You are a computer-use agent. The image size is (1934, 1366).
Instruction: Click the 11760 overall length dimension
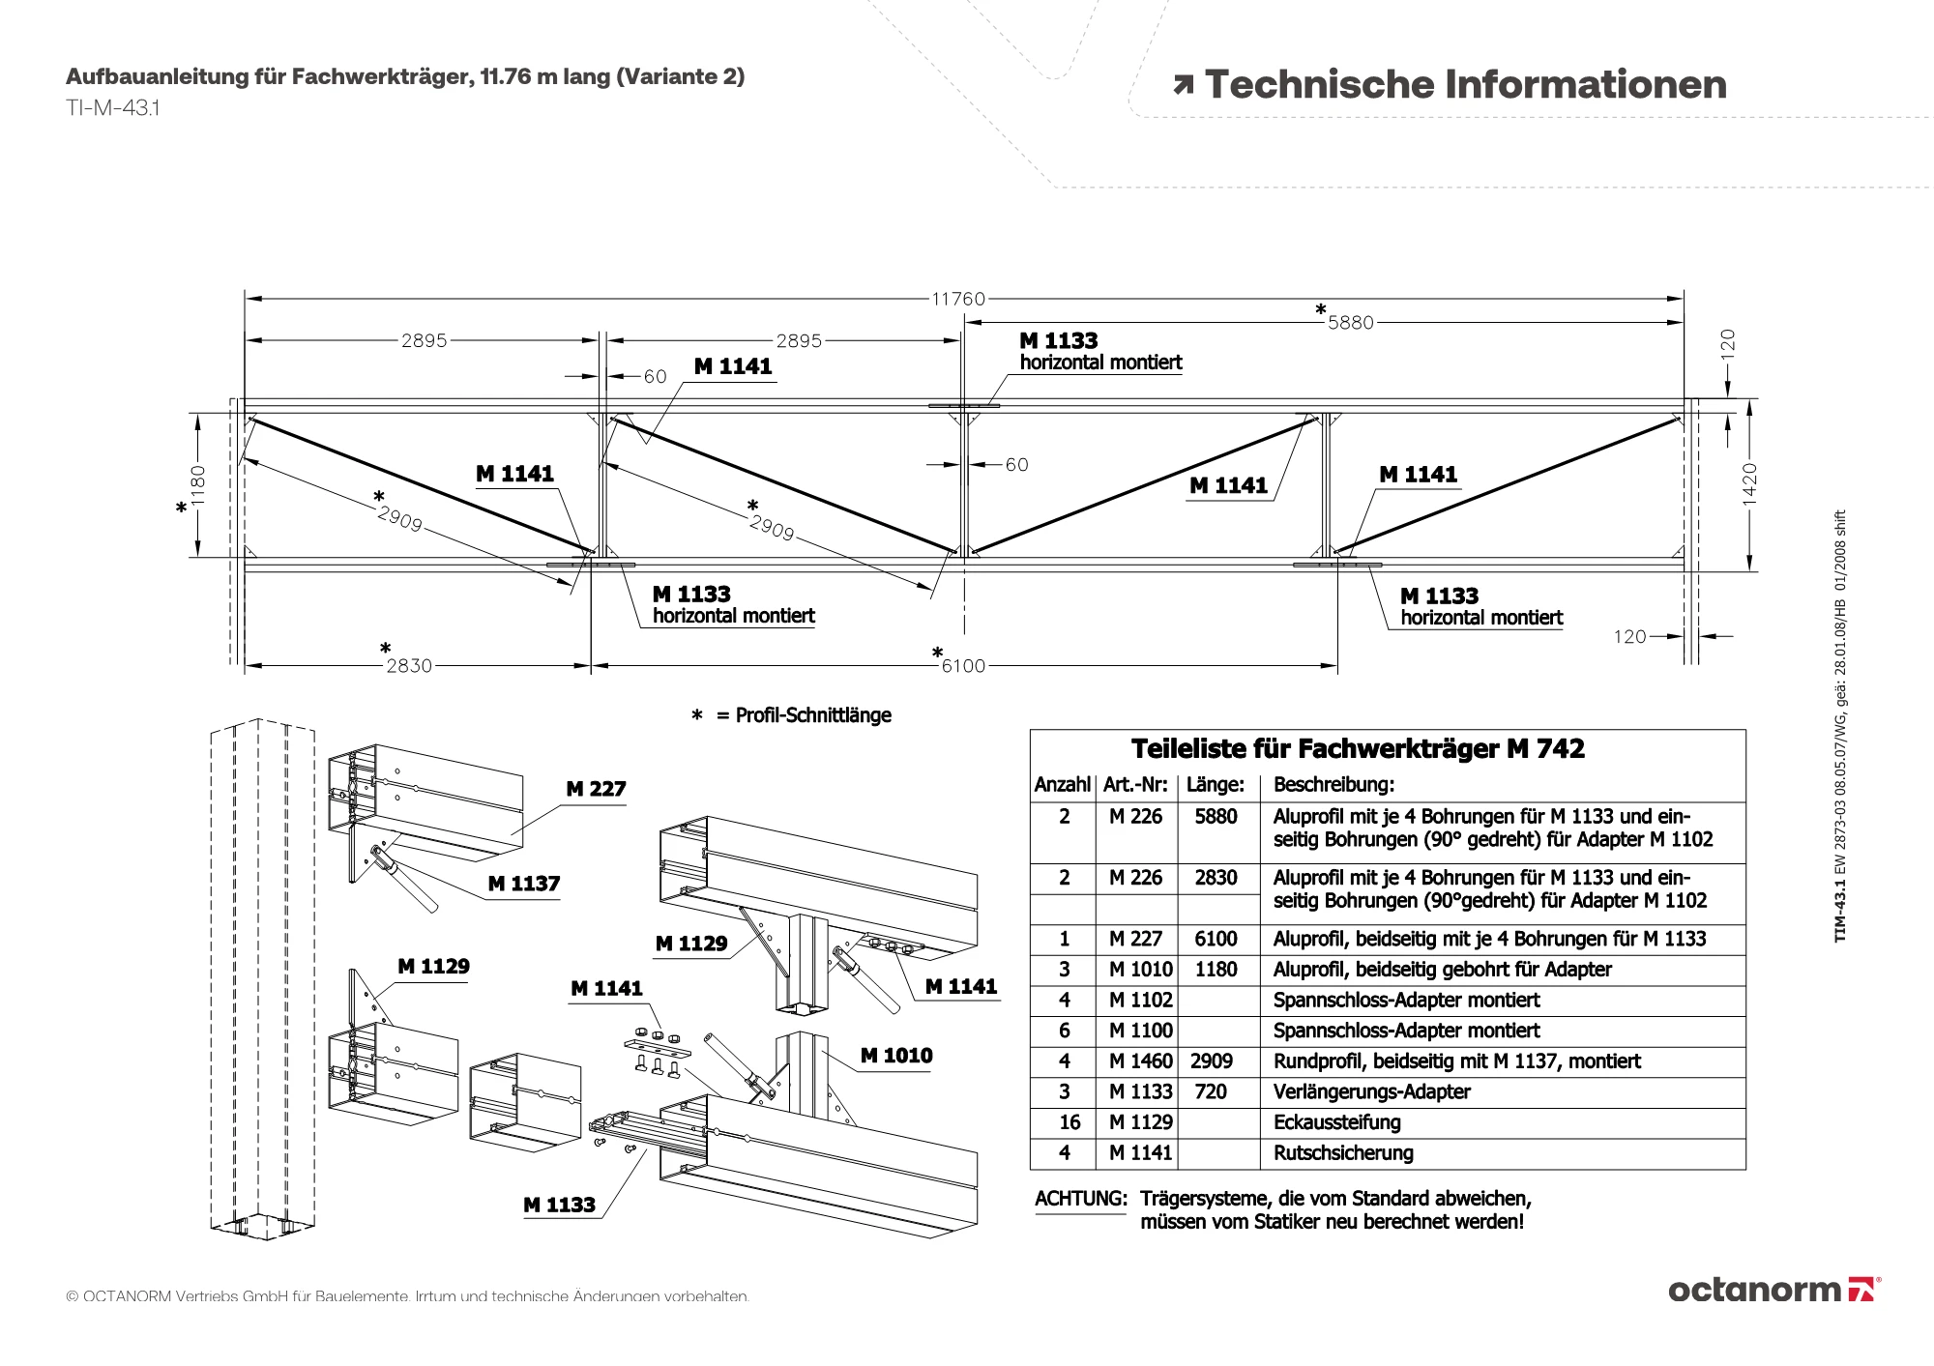(x=958, y=299)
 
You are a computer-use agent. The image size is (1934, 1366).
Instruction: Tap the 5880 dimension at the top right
(x=1350, y=323)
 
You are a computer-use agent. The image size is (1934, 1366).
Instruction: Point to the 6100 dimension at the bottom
(x=963, y=666)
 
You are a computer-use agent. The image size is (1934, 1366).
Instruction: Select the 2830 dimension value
(x=409, y=666)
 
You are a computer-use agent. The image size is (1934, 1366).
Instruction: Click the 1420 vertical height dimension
(x=1749, y=483)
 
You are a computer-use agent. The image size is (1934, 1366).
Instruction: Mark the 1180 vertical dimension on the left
(x=198, y=485)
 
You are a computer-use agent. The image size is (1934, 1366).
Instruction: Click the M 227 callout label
(x=596, y=789)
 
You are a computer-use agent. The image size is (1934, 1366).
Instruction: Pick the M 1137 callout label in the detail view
(x=524, y=884)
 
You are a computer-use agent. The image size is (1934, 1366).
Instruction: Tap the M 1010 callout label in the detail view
(x=896, y=1056)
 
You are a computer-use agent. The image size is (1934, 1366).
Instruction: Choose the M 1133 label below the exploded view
(x=559, y=1205)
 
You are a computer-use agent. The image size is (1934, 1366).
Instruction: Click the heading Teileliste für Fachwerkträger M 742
(x=1358, y=748)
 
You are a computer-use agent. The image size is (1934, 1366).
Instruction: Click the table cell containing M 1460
(x=1140, y=1061)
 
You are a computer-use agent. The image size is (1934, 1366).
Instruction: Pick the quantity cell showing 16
(x=1070, y=1122)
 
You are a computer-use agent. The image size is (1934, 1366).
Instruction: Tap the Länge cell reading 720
(x=1211, y=1092)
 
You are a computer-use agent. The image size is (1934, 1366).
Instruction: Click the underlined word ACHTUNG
(x=1081, y=1199)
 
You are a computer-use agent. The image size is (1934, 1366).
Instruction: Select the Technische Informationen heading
(x=1465, y=84)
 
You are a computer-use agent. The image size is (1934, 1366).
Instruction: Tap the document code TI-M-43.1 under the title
(x=113, y=108)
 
